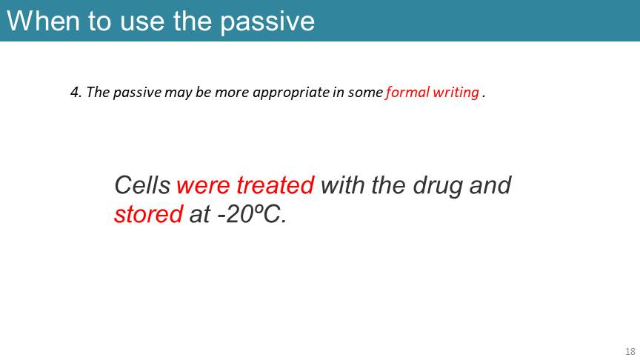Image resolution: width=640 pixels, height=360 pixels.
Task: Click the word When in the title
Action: [x=43, y=21]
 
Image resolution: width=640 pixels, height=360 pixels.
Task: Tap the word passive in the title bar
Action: [x=267, y=23]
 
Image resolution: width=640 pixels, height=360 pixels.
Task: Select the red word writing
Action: [x=456, y=93]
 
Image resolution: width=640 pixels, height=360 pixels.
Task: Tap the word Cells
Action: [x=142, y=185]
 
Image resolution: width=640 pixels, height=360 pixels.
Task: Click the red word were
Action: [x=203, y=186]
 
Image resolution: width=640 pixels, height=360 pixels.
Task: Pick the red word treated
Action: [x=275, y=185]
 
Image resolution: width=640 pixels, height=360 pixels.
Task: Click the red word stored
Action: [x=149, y=214]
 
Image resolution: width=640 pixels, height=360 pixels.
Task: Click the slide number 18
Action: [x=630, y=351]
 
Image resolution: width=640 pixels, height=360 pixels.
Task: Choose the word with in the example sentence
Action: [x=342, y=185]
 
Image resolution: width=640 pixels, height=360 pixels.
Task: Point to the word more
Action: [x=231, y=93]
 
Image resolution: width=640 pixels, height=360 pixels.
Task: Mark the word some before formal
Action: [x=365, y=93]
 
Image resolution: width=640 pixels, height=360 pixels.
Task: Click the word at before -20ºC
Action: [x=199, y=215]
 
